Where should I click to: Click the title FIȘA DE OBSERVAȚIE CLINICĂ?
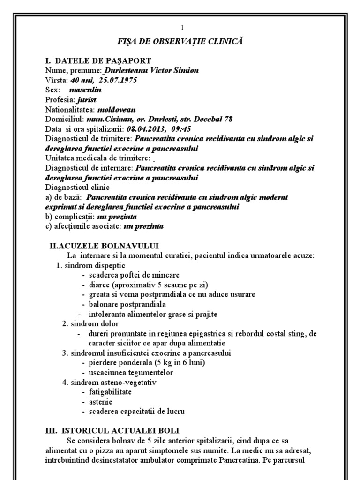180,42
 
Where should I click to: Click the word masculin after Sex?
85,90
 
